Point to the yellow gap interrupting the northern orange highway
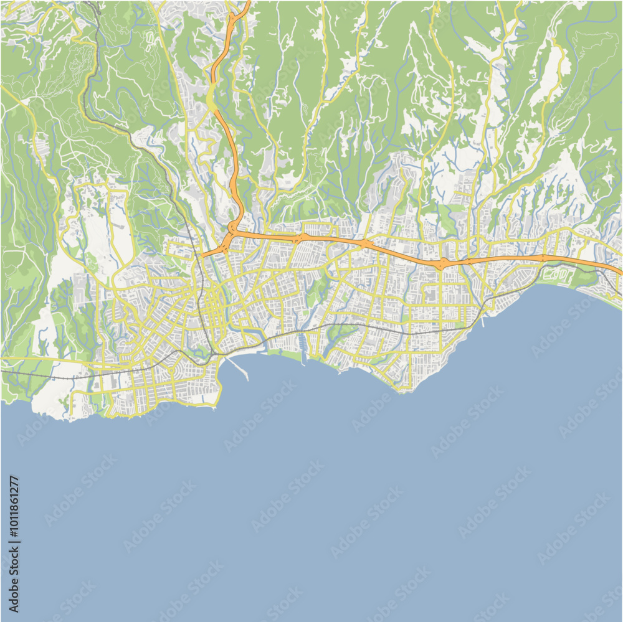212,100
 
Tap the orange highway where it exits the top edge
247,3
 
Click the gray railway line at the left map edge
3,372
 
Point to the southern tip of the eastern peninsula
404,392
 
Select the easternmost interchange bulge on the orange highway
543,257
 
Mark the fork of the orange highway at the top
231,19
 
